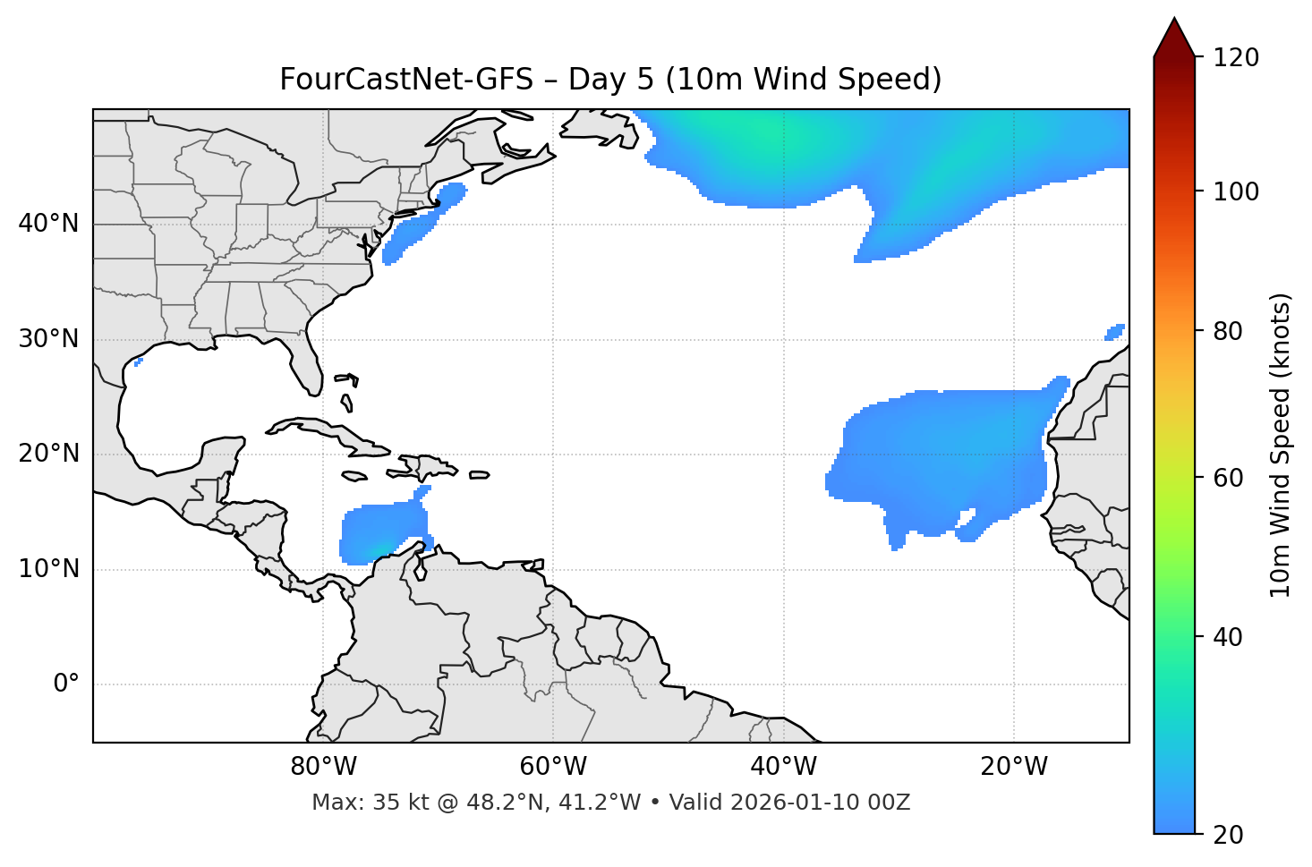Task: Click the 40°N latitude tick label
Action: (x=48, y=224)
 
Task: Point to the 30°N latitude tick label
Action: (x=48, y=339)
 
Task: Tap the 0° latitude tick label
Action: (x=66, y=684)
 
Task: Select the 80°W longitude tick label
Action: (x=323, y=767)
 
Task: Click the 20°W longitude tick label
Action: (x=1014, y=767)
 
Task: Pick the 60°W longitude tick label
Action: (x=553, y=767)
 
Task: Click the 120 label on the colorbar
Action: (x=1236, y=58)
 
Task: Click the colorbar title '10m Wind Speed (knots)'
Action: (x=1281, y=446)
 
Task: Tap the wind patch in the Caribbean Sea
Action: (x=380, y=532)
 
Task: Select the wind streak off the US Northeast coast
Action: (x=416, y=226)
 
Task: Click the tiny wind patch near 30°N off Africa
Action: (x=1115, y=332)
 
